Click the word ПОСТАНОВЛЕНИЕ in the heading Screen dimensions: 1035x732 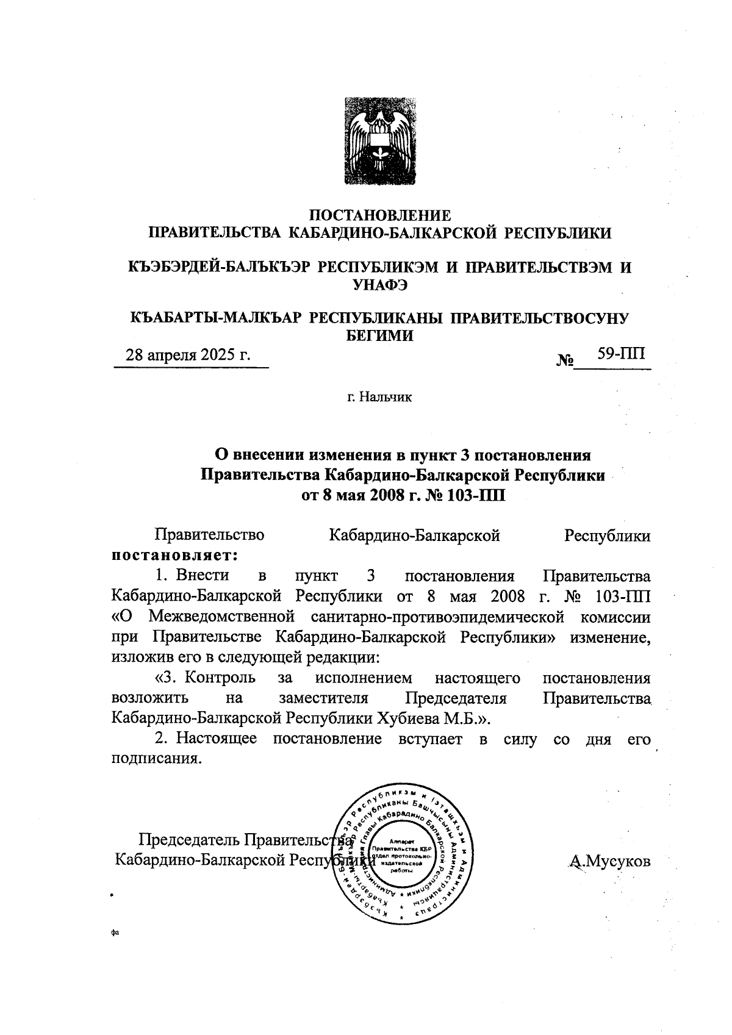[x=381, y=215]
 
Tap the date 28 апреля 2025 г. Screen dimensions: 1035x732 [x=188, y=355]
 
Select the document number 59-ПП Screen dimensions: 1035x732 [x=620, y=354]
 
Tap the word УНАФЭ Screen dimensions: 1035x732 [x=381, y=284]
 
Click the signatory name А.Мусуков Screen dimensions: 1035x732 [x=609, y=861]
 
